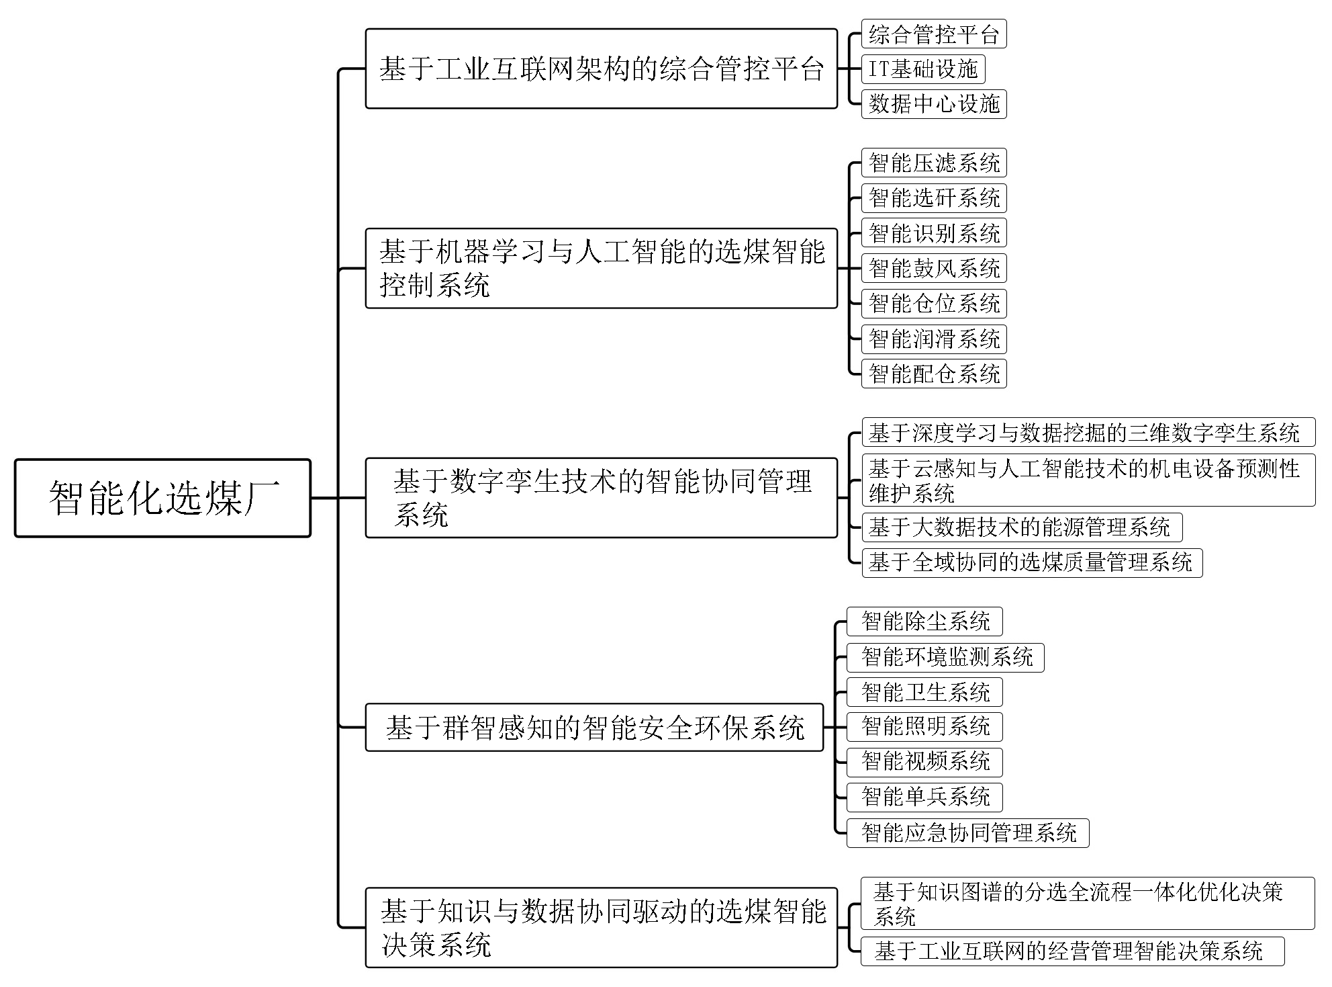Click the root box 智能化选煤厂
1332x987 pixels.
[162, 498]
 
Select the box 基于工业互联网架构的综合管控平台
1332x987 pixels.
[602, 69]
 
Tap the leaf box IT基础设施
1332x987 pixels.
[923, 69]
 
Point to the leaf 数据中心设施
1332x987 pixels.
[934, 104]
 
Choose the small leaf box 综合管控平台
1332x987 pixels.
[934, 34]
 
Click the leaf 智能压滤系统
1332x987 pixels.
[934, 163]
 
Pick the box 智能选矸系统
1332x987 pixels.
[934, 198]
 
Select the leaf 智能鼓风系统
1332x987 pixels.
[934, 268]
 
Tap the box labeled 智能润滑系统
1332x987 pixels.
[934, 339]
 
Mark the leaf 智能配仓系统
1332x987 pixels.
[934, 374]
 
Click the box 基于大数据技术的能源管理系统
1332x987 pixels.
[1022, 527]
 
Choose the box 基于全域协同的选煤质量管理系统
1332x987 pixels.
[1032, 562]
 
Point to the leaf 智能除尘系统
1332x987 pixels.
[924, 621]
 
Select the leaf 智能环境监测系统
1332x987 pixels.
[945, 657]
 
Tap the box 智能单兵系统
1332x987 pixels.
[924, 797]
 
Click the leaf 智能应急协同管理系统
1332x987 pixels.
[967, 833]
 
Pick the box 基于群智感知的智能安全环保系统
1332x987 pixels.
[594, 727]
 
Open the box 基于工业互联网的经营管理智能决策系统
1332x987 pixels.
[1072, 951]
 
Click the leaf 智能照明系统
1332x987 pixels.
[924, 726]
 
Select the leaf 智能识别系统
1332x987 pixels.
[934, 233]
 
